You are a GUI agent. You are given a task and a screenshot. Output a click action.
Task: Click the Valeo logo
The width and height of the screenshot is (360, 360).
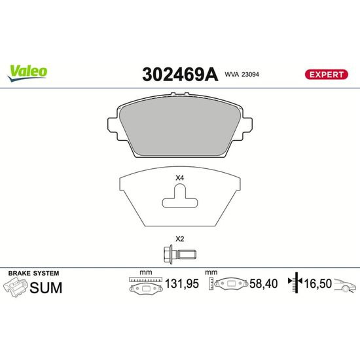tap(27, 73)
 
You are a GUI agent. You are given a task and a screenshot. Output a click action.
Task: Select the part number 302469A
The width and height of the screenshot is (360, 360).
tap(180, 74)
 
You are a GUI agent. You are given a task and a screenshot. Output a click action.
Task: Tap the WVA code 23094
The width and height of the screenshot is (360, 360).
tap(242, 75)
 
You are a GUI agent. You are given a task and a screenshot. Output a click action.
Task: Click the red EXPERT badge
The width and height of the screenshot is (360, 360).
tap(326, 75)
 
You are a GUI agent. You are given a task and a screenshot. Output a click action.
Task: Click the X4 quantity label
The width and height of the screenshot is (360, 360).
tap(180, 178)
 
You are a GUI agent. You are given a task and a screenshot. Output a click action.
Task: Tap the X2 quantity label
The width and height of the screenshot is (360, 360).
tap(180, 239)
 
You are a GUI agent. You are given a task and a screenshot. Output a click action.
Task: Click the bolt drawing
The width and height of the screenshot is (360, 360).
tap(180, 255)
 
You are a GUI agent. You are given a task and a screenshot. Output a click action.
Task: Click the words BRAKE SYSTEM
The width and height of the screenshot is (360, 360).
tap(34, 273)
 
